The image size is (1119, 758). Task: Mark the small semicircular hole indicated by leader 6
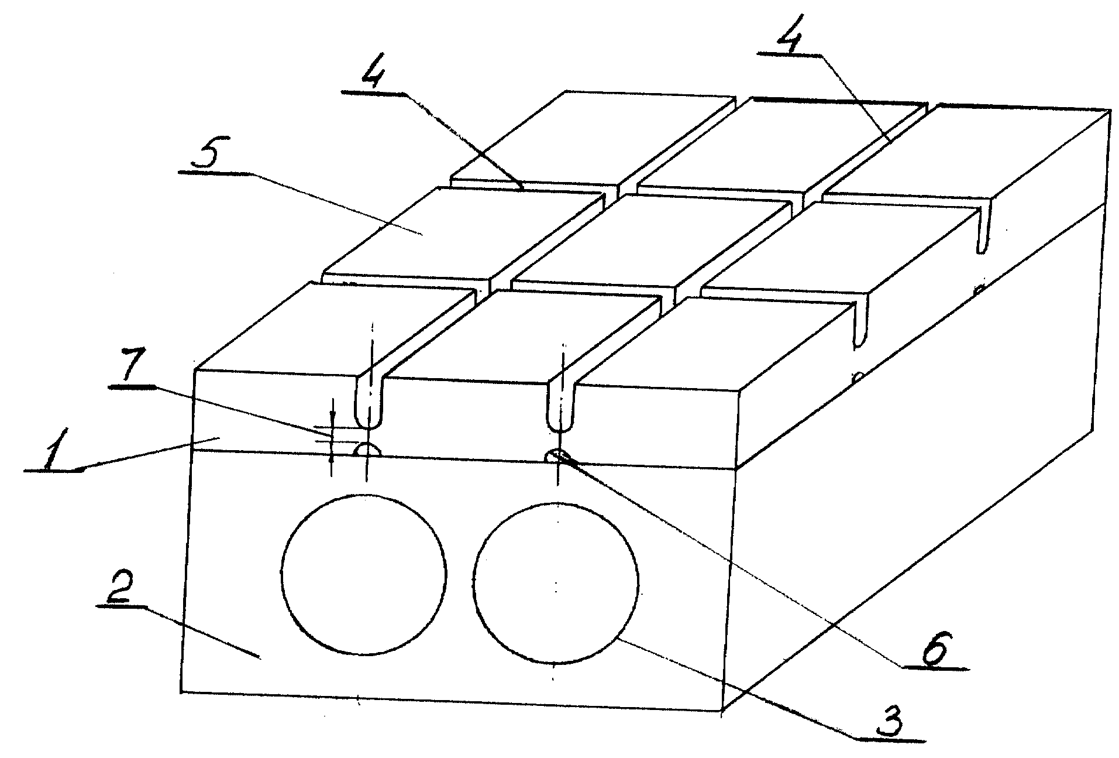[557, 456]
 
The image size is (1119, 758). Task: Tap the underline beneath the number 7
[132, 386]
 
